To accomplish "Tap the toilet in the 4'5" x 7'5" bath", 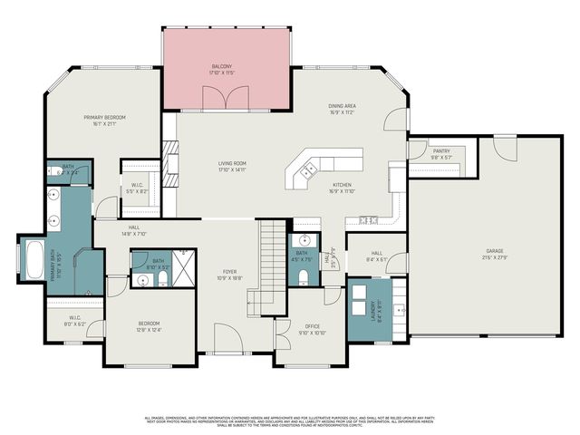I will coord(303,276).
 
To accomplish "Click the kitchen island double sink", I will coord(309,169).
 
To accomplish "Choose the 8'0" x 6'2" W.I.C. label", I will coord(75,320).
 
